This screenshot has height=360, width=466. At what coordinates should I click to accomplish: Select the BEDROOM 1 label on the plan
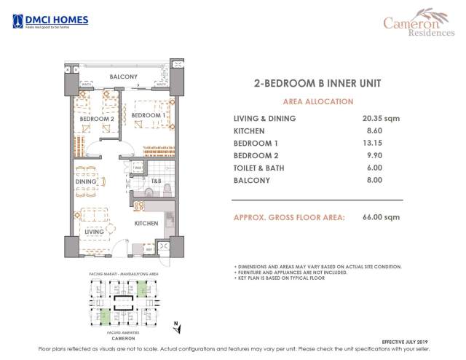(x=148, y=115)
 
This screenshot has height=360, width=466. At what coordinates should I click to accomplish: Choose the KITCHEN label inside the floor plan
(x=146, y=224)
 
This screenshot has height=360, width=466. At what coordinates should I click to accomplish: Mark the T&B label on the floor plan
(x=155, y=181)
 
